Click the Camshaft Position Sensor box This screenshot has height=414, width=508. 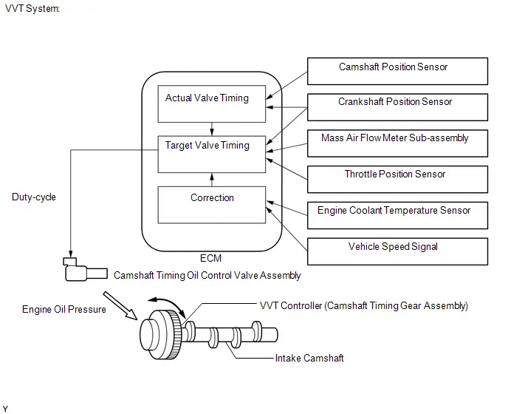[397, 72]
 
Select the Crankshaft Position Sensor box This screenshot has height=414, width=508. [397, 107]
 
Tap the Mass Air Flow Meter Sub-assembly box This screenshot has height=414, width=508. [397, 143]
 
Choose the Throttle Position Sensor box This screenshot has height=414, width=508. [397, 180]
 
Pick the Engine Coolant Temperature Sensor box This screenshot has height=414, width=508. [397, 215]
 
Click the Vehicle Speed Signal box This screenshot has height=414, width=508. [397, 251]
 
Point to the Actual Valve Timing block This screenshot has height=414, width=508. [212, 103]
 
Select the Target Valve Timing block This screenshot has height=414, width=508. [212, 154]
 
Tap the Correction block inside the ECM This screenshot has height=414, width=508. [212, 205]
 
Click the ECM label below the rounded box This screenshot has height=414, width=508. [211, 258]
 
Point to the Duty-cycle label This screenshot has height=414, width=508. [34, 197]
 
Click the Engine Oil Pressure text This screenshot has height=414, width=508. [63, 309]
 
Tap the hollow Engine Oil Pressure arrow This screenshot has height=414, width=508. [120, 305]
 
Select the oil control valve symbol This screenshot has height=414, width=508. [85, 270]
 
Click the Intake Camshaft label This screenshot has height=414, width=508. [309, 359]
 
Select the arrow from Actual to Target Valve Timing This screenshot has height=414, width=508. [212, 129]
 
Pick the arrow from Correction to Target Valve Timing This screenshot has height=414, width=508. [212, 180]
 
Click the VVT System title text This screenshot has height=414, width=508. [32, 8]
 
